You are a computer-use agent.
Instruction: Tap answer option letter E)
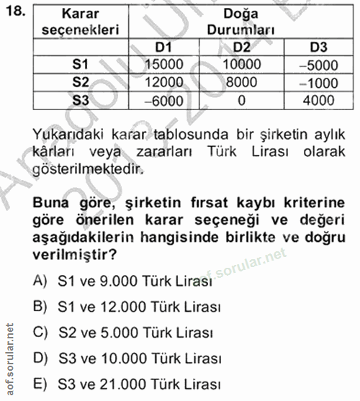pyautogui.click(x=40, y=384)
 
